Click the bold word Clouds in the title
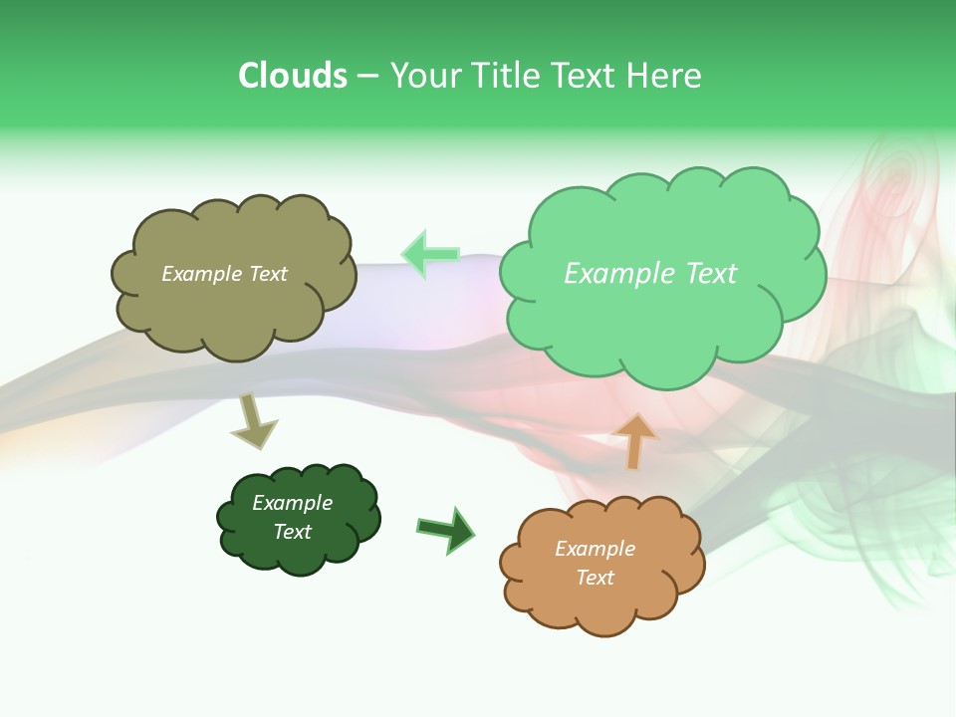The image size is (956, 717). point(293,76)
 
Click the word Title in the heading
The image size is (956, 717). point(505,76)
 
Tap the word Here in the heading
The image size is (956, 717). point(664,76)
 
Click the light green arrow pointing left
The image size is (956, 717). point(430,254)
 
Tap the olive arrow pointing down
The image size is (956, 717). point(253,421)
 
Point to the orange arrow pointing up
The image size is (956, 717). point(634,441)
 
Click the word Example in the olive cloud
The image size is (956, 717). point(200,274)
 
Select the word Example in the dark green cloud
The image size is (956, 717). point(292,504)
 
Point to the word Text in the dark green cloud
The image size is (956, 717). point(292,532)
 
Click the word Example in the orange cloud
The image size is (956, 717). point(595,550)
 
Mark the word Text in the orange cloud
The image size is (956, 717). point(595,578)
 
